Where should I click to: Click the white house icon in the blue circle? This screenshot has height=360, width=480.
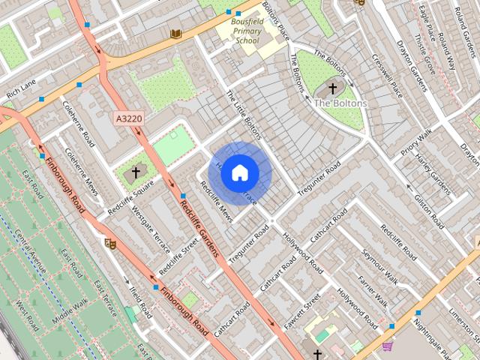pos(240,172)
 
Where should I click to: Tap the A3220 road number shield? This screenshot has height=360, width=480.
pos(130,118)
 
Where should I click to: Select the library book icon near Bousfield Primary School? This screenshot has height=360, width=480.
pos(176,34)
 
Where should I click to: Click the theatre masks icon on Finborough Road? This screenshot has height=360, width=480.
pos(110,243)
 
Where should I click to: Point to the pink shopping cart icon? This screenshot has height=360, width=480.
pos(387,346)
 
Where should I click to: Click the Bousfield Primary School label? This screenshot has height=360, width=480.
pos(247,31)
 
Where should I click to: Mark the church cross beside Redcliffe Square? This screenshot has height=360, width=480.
pos(136,172)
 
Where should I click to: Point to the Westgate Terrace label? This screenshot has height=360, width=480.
pos(151,223)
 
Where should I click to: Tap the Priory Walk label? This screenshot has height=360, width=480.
pos(416,142)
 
